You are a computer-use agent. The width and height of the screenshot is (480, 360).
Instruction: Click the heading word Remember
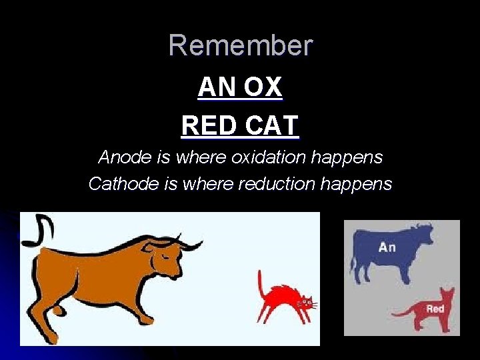(240, 45)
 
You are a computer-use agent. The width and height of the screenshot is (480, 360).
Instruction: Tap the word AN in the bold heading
(214, 87)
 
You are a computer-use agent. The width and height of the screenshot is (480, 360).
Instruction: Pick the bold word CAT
(271, 125)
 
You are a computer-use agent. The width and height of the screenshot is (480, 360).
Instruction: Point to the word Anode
(121, 157)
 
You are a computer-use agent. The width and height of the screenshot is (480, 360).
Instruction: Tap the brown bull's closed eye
(165, 254)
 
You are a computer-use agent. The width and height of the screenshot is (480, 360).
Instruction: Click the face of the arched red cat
(305, 303)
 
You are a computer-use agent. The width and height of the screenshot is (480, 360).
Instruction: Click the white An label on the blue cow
(387, 247)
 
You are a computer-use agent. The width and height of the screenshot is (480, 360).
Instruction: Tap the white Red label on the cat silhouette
(435, 309)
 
